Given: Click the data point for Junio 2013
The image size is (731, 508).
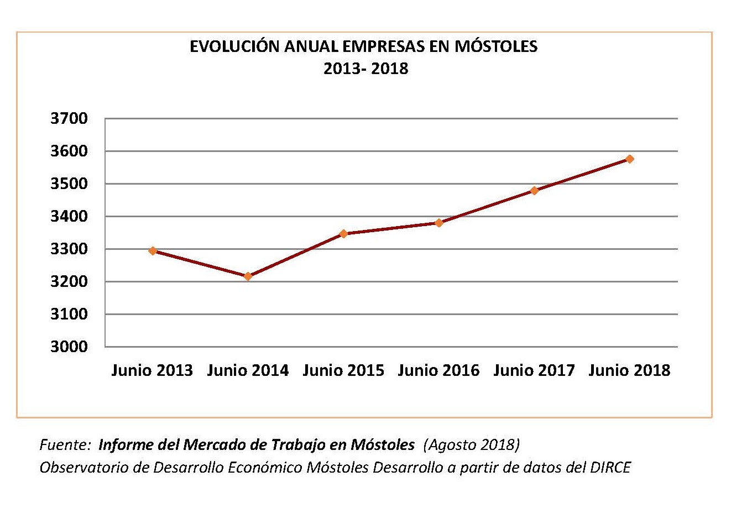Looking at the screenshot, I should [x=153, y=251].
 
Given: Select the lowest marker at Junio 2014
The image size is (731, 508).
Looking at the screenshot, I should [x=248, y=276].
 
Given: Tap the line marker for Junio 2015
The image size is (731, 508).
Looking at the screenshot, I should [x=343, y=234].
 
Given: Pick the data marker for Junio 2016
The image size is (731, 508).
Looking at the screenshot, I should [x=439, y=223].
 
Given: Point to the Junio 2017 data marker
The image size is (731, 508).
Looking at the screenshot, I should [x=535, y=191].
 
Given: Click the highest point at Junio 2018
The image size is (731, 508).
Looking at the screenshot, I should [x=630, y=159].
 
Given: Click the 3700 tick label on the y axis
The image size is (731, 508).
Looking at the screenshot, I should [x=69, y=119].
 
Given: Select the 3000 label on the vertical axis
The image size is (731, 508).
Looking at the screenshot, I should [x=69, y=347].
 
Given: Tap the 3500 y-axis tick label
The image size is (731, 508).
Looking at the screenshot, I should [x=69, y=184].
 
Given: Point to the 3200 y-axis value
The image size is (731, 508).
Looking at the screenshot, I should [x=69, y=282].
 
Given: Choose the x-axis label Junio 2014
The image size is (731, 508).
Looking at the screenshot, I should [x=248, y=370].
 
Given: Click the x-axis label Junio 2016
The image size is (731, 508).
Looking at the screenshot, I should [x=438, y=370].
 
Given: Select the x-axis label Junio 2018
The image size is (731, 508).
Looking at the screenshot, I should [x=629, y=370].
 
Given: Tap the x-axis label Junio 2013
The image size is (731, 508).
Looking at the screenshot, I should [x=152, y=370].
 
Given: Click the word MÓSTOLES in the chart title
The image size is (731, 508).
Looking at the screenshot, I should [x=495, y=46].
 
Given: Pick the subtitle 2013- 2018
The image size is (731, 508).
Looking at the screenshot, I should [x=365, y=69].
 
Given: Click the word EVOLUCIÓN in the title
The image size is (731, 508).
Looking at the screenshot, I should [x=234, y=46].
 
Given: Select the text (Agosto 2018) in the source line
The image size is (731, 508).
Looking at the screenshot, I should [x=471, y=445].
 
